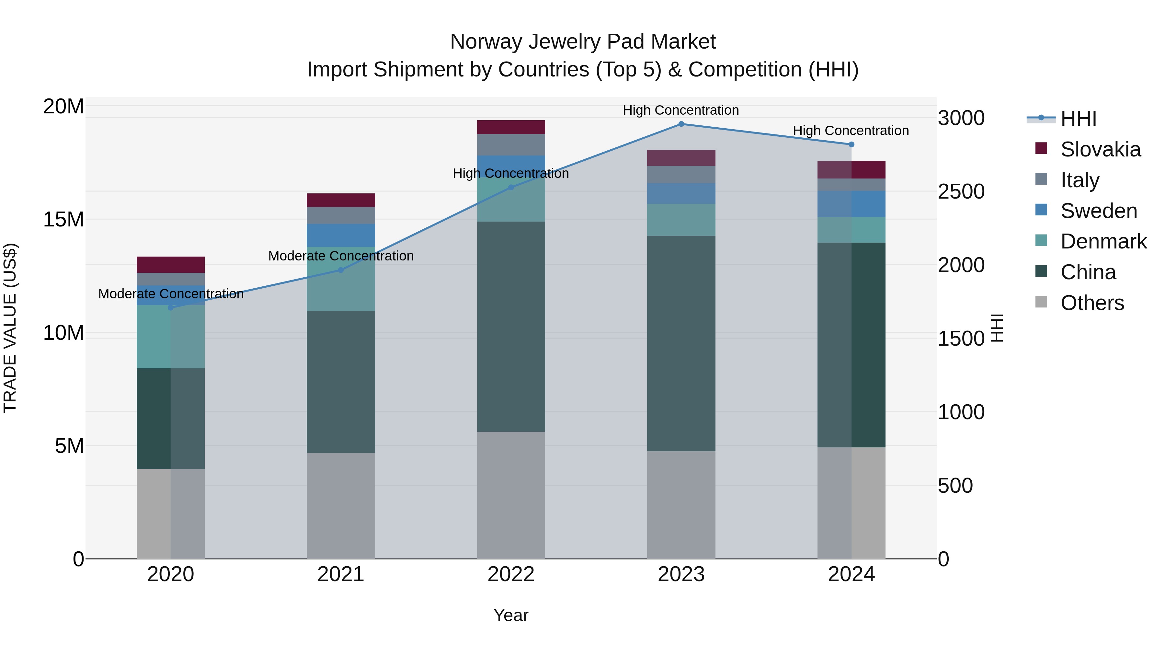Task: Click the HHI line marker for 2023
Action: click(x=681, y=124)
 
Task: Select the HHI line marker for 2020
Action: click(x=171, y=308)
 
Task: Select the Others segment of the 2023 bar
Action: click(x=681, y=505)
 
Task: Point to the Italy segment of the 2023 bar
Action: click(x=681, y=174)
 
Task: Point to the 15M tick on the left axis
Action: click(x=63, y=220)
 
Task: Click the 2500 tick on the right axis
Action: click(x=961, y=191)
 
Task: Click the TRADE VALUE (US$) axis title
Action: click(x=10, y=328)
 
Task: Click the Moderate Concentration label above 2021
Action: click(x=340, y=256)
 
